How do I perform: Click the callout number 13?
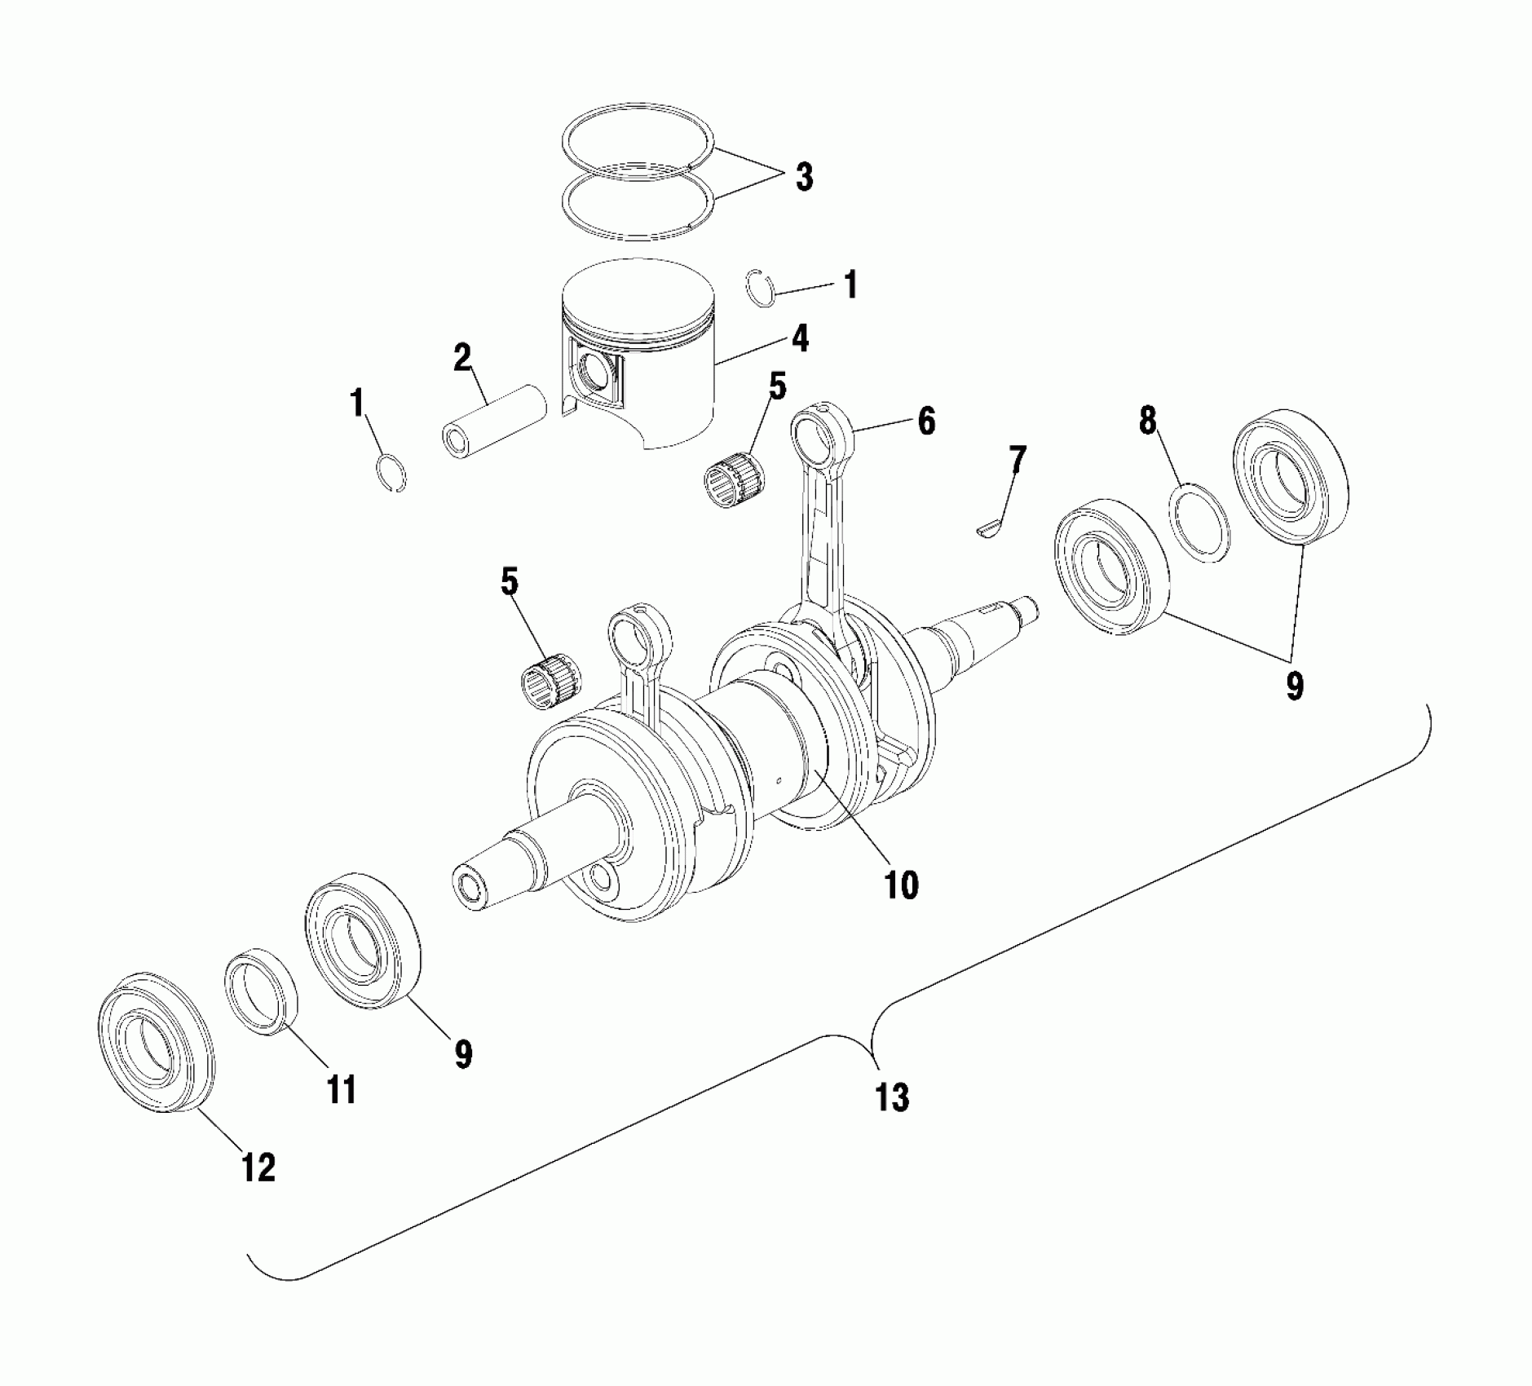click(892, 1097)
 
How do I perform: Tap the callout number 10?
click(901, 884)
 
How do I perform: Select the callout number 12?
click(258, 1168)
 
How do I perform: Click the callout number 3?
click(804, 177)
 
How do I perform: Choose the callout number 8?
click(1148, 421)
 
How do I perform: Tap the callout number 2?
click(462, 357)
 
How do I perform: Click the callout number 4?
click(801, 338)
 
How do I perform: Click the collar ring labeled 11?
click(261, 991)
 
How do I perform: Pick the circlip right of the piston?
click(761, 288)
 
